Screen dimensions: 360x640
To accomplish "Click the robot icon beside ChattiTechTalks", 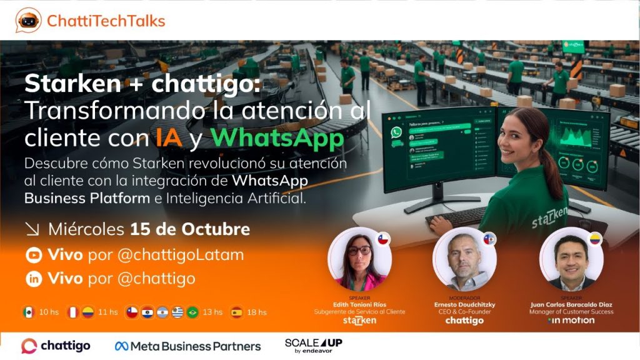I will [28, 21].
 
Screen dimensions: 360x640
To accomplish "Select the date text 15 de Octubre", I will [190, 229].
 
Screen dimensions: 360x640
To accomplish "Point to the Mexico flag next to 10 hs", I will [27, 312].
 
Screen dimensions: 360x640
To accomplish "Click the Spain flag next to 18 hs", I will [236, 312].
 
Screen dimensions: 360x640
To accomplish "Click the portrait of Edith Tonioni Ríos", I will [359, 258].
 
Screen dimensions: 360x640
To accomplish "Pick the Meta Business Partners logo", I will [187, 346].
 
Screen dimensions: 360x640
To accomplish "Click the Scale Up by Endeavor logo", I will [313, 346].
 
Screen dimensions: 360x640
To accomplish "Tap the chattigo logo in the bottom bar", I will [56, 346].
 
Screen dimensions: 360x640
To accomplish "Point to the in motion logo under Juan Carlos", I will [571, 321].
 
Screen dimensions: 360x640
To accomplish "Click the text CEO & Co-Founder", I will [464, 312].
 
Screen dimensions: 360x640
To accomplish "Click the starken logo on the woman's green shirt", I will [549, 214].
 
